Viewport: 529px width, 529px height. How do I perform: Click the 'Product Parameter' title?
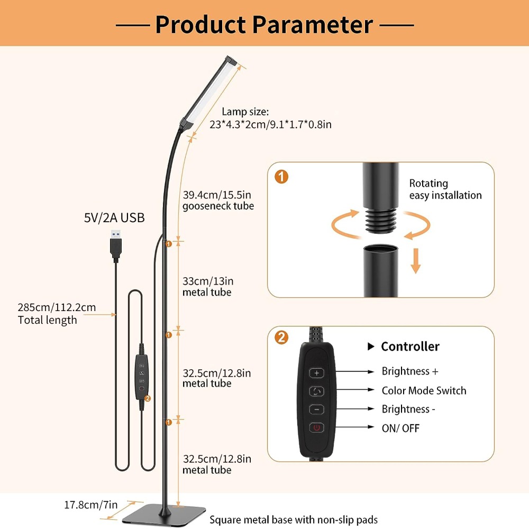coord(264,24)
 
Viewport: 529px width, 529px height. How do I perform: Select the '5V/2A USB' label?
coord(114,217)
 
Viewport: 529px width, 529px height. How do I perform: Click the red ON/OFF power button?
coord(317,427)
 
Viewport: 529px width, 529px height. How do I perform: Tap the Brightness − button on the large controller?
coord(317,409)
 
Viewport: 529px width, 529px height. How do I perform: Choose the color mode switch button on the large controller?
coord(317,391)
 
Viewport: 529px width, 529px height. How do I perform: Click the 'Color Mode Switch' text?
coord(424,391)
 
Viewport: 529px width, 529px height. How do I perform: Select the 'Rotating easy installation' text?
coord(445,189)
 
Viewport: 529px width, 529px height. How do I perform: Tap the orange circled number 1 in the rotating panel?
coord(282,177)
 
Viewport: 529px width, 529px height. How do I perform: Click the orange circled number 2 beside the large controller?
coord(282,338)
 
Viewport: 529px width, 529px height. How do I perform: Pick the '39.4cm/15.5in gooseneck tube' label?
coord(217,200)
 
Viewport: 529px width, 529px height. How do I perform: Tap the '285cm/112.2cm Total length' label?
coord(57,314)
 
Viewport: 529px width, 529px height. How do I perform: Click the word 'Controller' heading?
coord(410,346)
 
